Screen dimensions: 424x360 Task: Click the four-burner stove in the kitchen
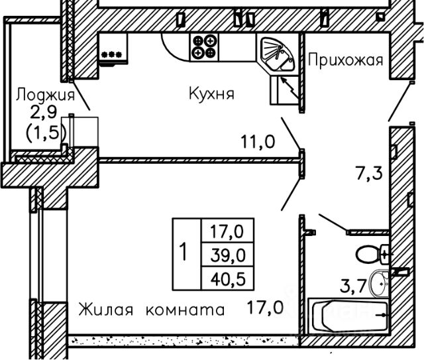204,47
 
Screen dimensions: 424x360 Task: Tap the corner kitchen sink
277,54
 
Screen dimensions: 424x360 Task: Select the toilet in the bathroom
372,254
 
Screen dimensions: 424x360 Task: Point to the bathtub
348,316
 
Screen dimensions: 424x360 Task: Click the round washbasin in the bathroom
380,283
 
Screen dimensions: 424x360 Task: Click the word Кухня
211,94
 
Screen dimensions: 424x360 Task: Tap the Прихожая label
346,60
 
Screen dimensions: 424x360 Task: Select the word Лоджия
45,95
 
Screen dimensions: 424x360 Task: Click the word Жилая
106,310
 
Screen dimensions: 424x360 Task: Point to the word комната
185,310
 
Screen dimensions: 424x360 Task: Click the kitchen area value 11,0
258,142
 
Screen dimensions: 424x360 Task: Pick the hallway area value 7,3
369,173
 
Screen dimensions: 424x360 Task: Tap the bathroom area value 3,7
353,286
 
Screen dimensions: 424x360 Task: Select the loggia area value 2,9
43,112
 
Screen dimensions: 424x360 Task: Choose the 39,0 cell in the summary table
228,255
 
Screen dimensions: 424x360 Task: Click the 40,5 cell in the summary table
228,279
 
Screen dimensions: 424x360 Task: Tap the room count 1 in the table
184,252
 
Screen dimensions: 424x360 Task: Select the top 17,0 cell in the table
227,231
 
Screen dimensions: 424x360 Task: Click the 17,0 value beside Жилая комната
265,308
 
